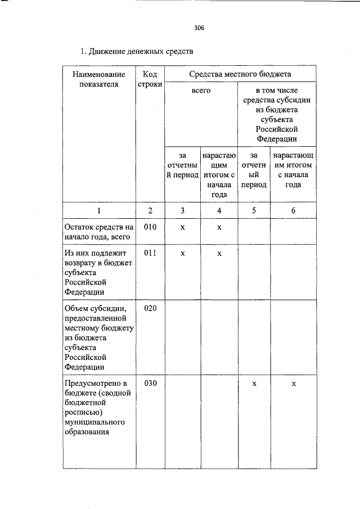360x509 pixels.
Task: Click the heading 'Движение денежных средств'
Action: point(136,52)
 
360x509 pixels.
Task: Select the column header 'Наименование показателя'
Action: point(98,79)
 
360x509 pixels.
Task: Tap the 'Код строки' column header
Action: point(150,79)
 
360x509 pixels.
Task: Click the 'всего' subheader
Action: point(201,90)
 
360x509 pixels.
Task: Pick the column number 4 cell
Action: point(219,210)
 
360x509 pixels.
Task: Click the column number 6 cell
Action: point(293,210)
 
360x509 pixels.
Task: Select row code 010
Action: point(150,227)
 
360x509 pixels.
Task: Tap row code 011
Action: point(150,254)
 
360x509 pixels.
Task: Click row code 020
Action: point(150,309)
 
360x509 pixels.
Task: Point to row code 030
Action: point(150,384)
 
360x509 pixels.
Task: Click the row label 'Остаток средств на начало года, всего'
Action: point(98,232)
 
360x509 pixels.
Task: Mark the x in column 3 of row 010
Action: point(183,227)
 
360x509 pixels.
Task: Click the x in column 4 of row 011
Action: point(219,254)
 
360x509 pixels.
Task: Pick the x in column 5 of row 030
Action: point(254,384)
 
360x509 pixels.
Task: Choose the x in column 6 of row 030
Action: point(293,384)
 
